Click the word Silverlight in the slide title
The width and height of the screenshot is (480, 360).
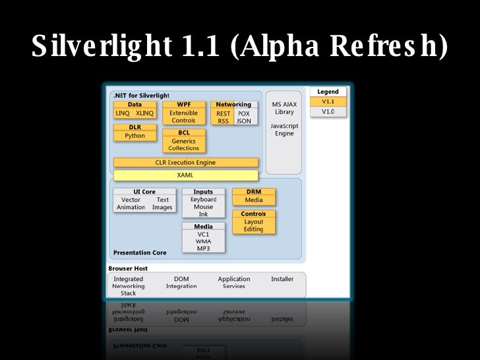(98, 46)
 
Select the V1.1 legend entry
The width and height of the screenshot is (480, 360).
(328, 102)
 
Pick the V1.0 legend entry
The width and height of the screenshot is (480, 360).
(328, 112)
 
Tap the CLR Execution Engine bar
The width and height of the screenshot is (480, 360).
(185, 162)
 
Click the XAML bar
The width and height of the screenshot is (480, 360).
(185, 175)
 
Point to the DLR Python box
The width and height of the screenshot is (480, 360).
(135, 132)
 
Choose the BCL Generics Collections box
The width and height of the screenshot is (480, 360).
(183, 140)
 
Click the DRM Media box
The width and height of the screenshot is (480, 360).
(253, 196)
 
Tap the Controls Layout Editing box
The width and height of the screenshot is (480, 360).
(253, 222)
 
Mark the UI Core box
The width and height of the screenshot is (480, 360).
(144, 200)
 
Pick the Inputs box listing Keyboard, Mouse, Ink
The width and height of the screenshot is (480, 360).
(203, 203)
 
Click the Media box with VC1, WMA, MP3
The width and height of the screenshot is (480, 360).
(203, 237)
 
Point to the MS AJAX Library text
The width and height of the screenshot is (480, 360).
(284, 108)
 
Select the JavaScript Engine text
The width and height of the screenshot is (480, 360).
(284, 129)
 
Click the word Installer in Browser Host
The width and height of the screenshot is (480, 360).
(282, 279)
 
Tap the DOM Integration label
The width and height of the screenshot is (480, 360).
(181, 282)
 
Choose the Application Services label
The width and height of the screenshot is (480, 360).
(234, 282)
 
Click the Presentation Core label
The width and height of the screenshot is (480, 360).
(140, 253)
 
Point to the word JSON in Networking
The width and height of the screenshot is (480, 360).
(243, 121)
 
